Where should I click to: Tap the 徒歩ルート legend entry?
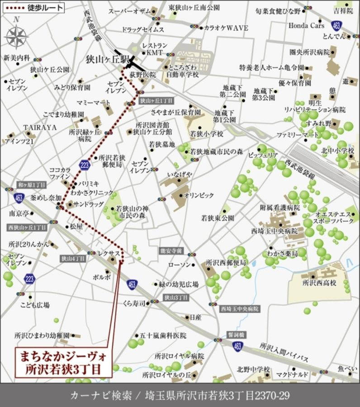point(32,8)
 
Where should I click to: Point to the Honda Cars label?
point(306,26)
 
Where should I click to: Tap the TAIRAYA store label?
point(40,128)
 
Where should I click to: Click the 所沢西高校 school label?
point(320,283)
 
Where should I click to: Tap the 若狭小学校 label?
point(206,134)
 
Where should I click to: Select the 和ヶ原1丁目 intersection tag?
point(31,185)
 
